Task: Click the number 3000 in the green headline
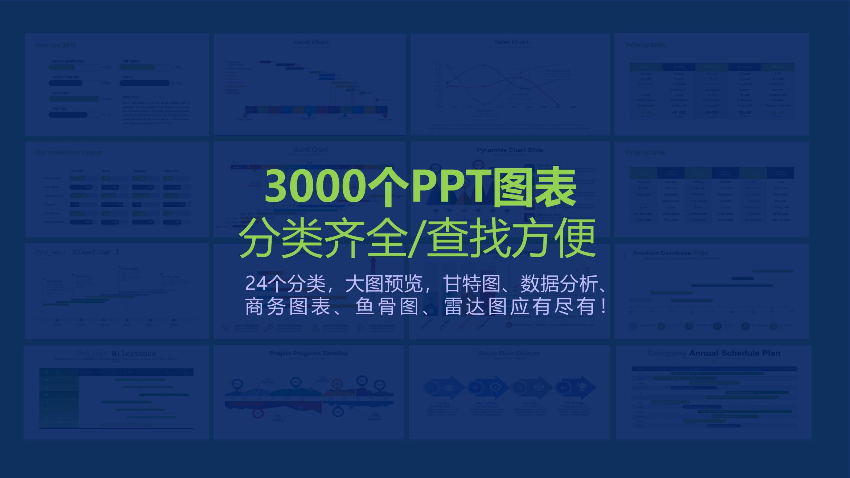[x=315, y=186]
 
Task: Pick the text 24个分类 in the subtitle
[x=285, y=283]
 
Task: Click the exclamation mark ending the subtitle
[x=604, y=307]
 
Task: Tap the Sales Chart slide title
[x=511, y=42]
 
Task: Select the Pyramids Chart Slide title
[x=510, y=150]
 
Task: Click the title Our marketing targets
[x=69, y=152]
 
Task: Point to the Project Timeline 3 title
[x=76, y=252]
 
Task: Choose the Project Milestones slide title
[x=116, y=353]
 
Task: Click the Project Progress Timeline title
[x=309, y=353]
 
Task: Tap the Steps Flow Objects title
[x=509, y=353]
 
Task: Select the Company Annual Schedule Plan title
[x=713, y=353]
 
